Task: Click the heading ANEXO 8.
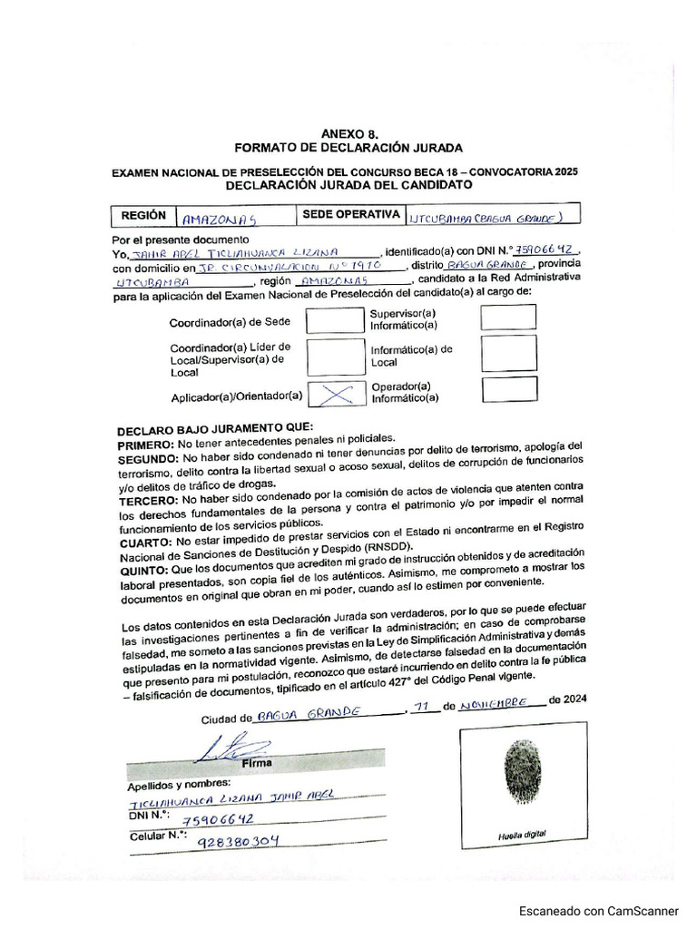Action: click(x=348, y=132)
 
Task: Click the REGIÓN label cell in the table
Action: click(x=143, y=216)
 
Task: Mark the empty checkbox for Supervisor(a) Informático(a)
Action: click(x=507, y=317)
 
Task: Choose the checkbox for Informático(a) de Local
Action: click(x=507, y=354)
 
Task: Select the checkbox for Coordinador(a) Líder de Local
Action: click(x=335, y=357)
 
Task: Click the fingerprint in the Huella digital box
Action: click(x=523, y=772)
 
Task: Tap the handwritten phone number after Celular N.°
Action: click(x=238, y=840)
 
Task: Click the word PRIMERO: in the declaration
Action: click(x=146, y=445)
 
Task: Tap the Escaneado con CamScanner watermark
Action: click(x=598, y=911)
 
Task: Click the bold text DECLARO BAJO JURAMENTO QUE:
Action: click(x=215, y=427)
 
